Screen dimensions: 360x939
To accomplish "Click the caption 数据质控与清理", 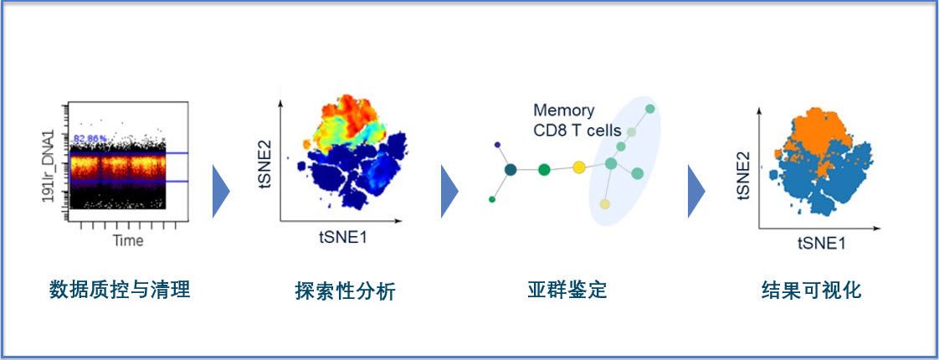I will (x=120, y=290).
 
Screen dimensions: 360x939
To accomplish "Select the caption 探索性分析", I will (x=345, y=291).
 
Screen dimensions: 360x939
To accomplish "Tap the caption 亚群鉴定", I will (x=567, y=290).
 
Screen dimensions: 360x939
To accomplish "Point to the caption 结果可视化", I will (x=811, y=291).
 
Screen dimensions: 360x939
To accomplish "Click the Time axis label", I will (x=128, y=241).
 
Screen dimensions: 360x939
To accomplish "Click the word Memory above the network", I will (x=564, y=111).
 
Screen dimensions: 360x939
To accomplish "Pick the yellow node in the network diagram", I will (x=578, y=168).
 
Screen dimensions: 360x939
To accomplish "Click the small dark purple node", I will (x=498, y=144).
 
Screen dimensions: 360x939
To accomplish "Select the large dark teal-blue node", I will (x=511, y=170).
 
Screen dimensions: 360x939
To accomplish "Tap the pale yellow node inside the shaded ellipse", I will (x=604, y=204).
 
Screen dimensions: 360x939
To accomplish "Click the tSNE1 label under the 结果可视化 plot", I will (x=821, y=243).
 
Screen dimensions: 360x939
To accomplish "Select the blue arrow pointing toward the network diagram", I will (x=449, y=190).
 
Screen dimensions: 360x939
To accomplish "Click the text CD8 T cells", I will (x=577, y=130).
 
